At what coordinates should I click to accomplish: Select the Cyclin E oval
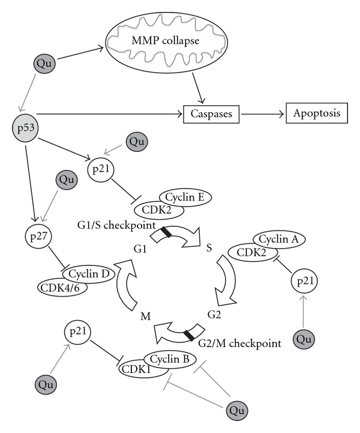pos(185,196)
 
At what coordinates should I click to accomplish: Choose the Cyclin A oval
pos(278,240)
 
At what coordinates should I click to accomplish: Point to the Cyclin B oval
pos(166,359)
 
